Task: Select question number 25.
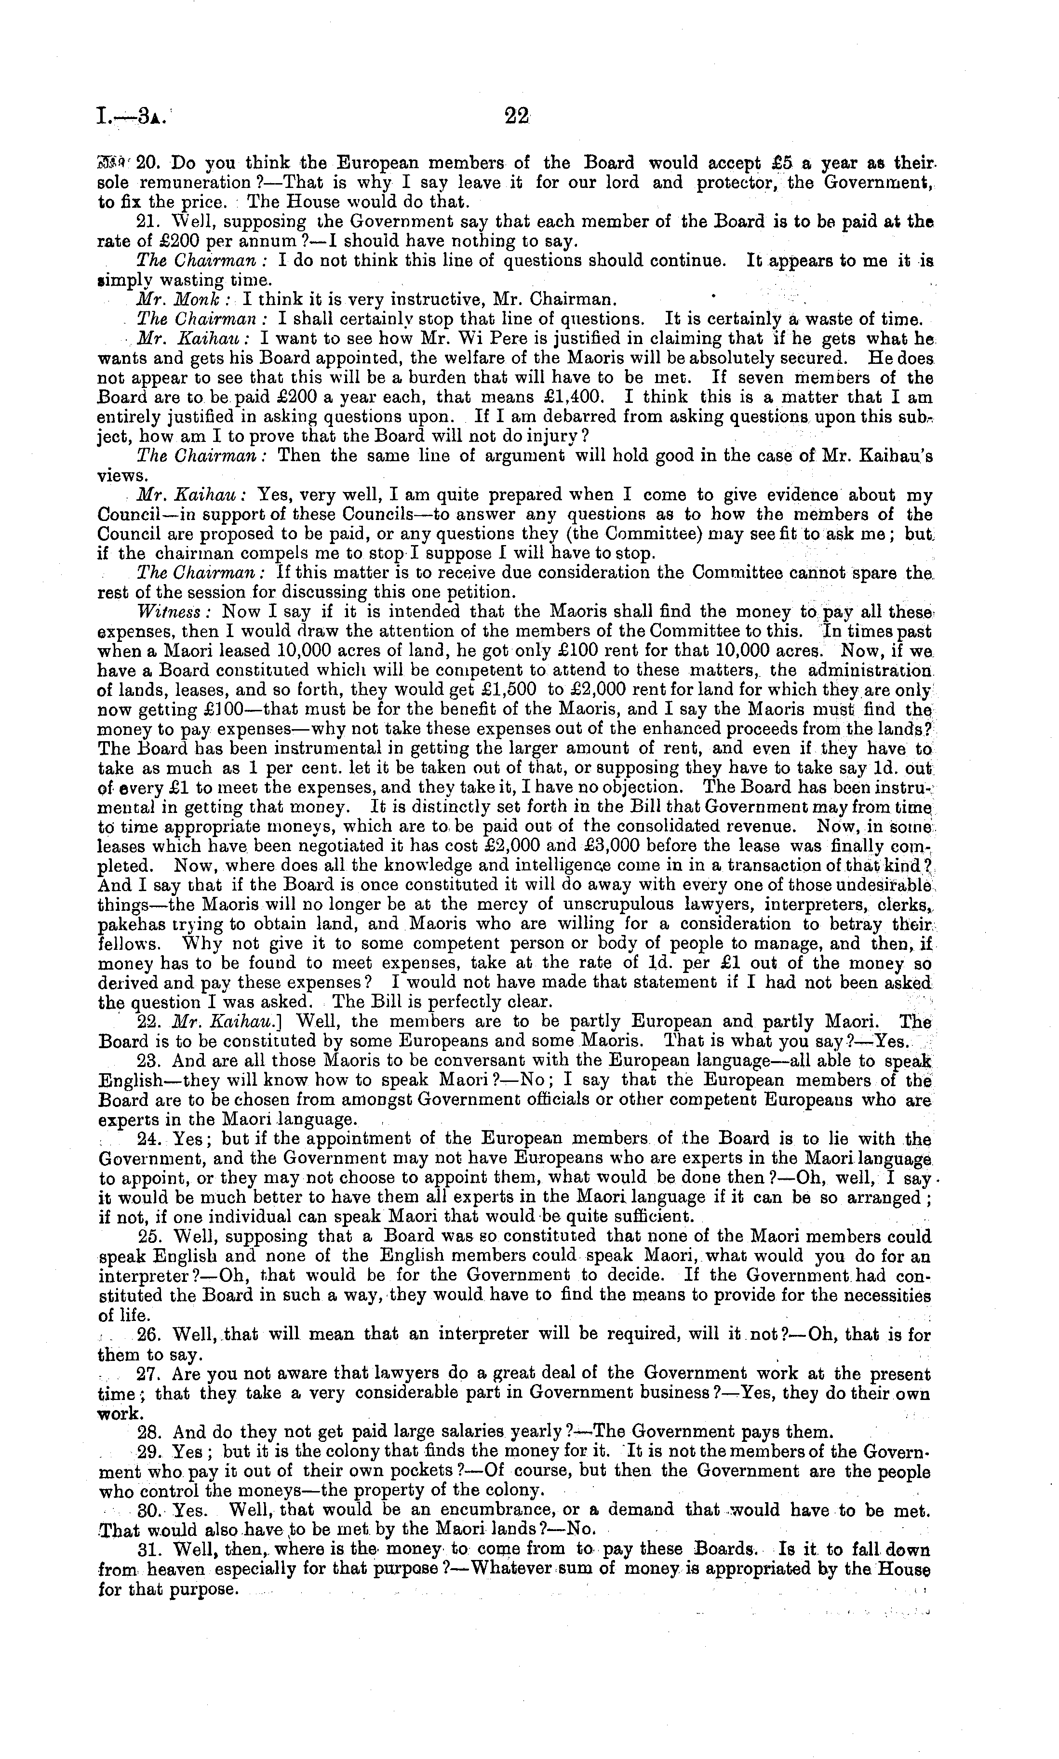[x=149, y=1236]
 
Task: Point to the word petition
[x=479, y=592]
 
